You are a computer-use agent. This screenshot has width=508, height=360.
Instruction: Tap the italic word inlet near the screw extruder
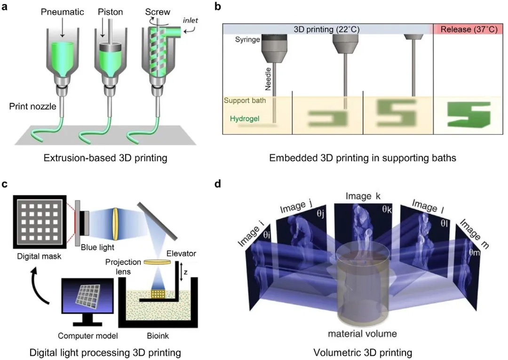click(191, 20)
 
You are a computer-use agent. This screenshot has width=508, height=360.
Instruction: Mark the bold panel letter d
click(218, 184)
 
